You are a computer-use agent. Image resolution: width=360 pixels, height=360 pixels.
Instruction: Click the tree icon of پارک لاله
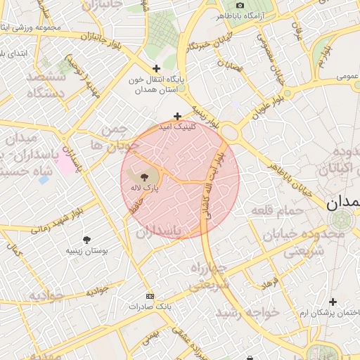click(x=144, y=177)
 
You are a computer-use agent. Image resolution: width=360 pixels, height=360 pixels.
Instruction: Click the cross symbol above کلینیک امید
click(x=177, y=116)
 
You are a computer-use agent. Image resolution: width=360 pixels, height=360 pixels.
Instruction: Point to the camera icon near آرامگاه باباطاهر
click(x=240, y=5)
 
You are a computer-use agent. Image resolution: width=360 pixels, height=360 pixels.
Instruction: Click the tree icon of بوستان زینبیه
click(x=86, y=240)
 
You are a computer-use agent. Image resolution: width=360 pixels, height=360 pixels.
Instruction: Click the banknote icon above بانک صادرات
click(x=149, y=296)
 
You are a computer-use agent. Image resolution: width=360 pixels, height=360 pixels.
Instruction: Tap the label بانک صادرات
click(x=149, y=307)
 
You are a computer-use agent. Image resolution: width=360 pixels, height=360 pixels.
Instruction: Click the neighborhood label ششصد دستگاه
click(x=45, y=84)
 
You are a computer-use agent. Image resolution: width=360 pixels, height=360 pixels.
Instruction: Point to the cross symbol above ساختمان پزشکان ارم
click(x=333, y=302)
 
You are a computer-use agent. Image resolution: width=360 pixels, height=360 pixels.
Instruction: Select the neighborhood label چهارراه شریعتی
click(x=208, y=277)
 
